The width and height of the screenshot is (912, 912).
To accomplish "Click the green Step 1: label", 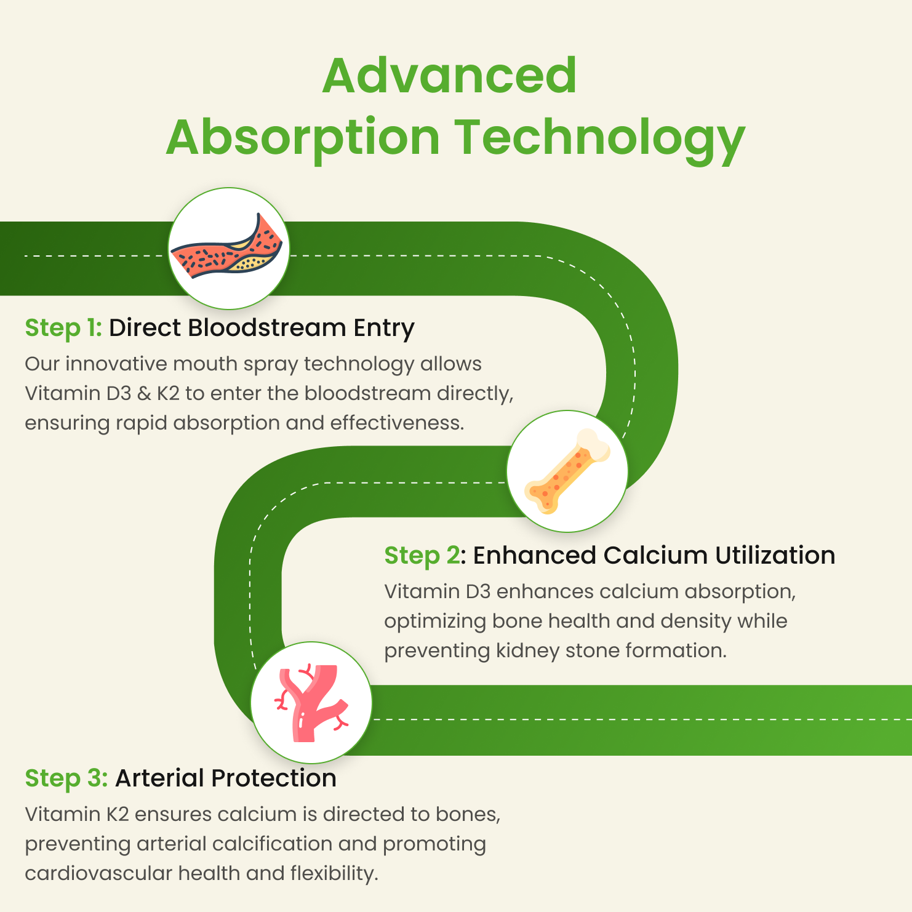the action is click(63, 329).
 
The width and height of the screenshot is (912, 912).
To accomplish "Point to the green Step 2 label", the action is click(422, 556).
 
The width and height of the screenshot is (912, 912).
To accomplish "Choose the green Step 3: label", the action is click(66, 779).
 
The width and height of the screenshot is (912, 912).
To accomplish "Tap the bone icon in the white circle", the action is click(567, 471).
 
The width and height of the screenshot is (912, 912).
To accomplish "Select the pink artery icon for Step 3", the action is click(311, 703).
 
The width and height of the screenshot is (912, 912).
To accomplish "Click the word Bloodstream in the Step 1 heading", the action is click(266, 328).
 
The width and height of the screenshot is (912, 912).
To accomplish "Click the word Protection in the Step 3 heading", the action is click(273, 778).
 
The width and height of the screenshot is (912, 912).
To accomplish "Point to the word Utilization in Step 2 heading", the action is click(775, 556).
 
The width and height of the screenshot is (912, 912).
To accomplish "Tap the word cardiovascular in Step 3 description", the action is click(98, 873).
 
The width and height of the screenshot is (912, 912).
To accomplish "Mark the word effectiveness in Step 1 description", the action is click(397, 423).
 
